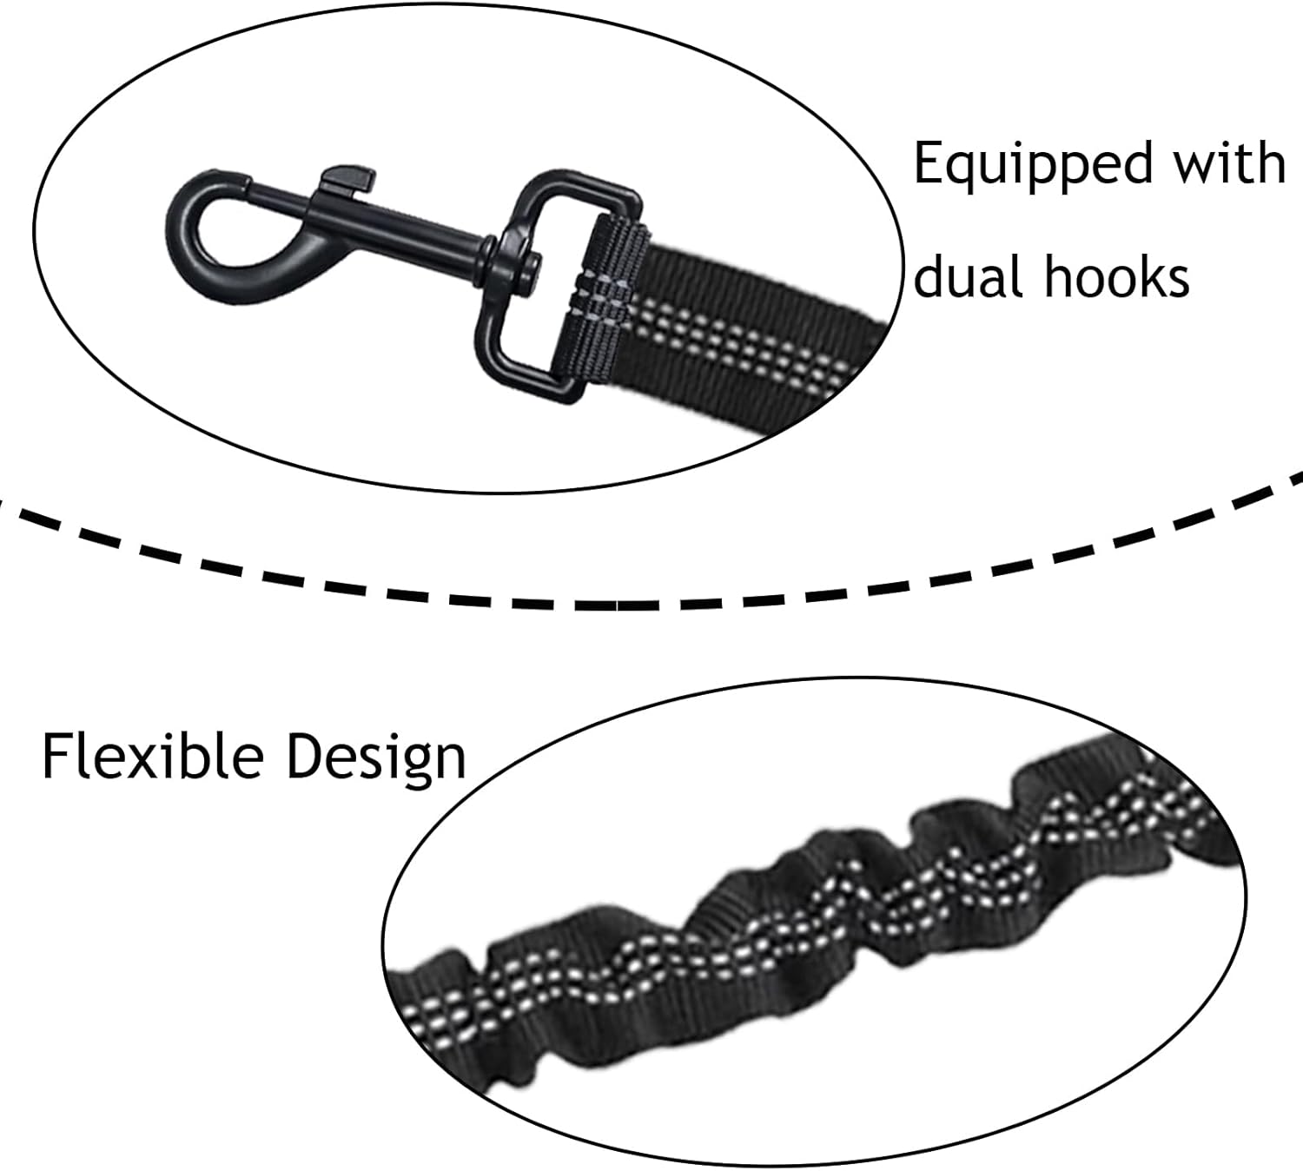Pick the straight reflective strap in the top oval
pos(756,347)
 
